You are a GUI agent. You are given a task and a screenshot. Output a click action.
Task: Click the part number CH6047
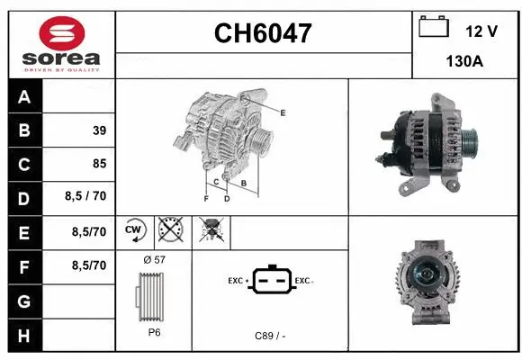click(263, 34)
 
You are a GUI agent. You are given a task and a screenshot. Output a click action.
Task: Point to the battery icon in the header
click(434, 27)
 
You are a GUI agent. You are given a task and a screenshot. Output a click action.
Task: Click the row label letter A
click(23, 97)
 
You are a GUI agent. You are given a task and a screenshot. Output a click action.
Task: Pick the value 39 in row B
click(99, 130)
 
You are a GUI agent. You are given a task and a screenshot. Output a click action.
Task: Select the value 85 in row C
click(99, 164)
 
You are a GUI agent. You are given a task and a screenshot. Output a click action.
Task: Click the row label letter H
click(23, 335)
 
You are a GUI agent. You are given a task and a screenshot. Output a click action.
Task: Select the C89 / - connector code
click(271, 336)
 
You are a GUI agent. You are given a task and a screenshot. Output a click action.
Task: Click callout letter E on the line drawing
click(283, 112)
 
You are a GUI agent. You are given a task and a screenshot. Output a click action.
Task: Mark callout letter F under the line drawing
click(205, 198)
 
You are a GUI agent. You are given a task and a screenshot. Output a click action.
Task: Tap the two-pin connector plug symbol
click(273, 281)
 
